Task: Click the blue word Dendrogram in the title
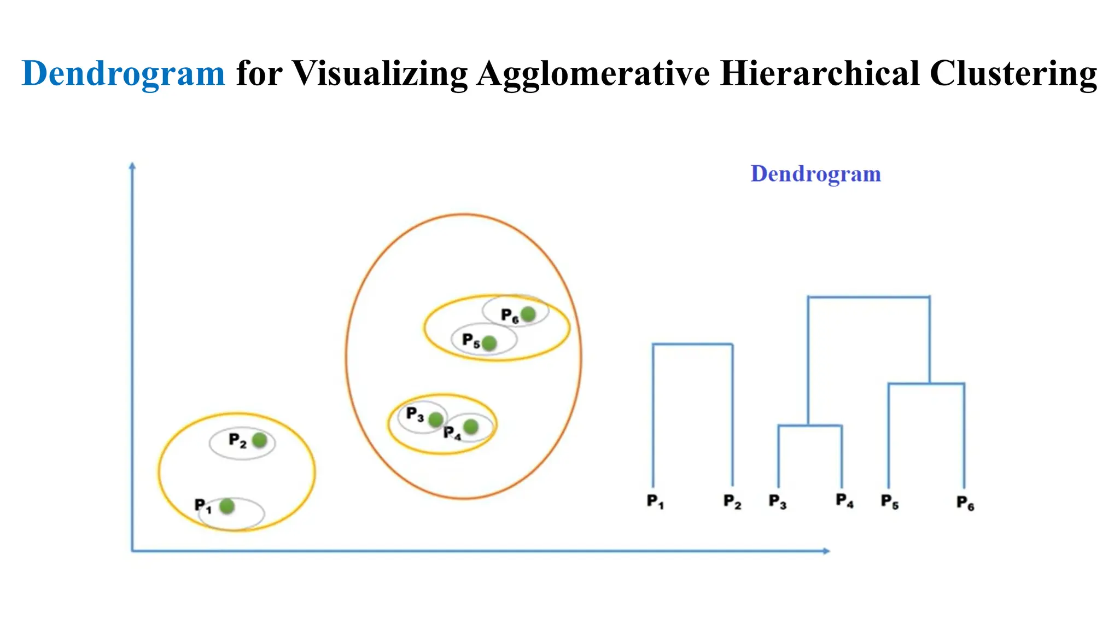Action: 123,73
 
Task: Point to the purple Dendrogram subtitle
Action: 815,174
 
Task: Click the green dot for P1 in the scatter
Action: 227,506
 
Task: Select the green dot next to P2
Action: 259,440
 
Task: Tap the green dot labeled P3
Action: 435,419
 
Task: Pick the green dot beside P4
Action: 470,427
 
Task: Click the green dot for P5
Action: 489,343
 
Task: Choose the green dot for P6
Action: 528,314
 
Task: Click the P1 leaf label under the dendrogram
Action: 655,501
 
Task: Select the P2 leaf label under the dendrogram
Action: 732,501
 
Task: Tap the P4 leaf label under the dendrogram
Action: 844,500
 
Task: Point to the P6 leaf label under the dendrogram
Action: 965,503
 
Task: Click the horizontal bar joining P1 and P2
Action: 692,344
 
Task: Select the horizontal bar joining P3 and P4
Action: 810,425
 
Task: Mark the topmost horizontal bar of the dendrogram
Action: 868,297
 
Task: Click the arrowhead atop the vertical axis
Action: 132,166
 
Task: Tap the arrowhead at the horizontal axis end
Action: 827,551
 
